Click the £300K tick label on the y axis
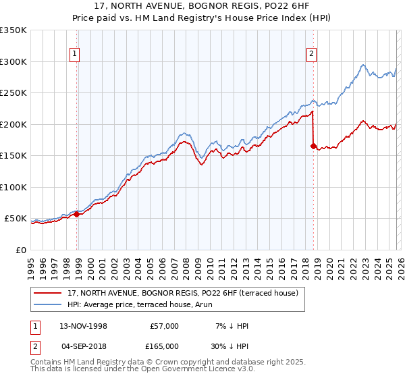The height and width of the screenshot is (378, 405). (x=13, y=61)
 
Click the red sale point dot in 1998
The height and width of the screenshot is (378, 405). (x=77, y=214)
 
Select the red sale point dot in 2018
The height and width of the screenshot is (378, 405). (x=313, y=146)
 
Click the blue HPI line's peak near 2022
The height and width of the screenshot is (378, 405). (x=363, y=65)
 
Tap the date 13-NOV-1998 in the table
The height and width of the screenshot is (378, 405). (x=84, y=326)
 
